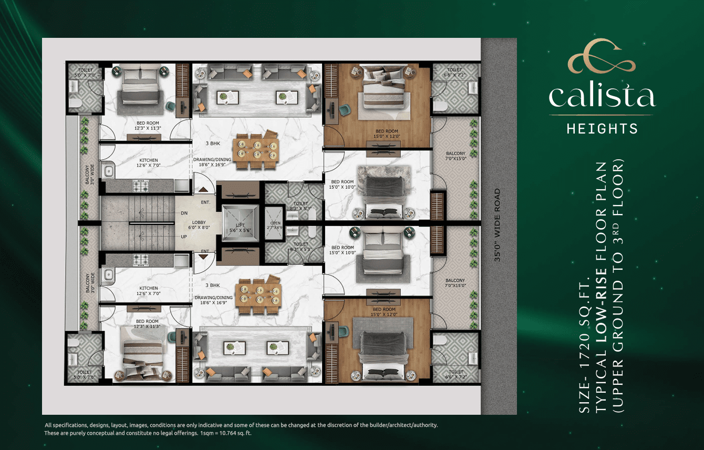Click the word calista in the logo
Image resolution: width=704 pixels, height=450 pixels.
point(602,97)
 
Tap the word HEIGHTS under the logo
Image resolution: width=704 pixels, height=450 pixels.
point(602,128)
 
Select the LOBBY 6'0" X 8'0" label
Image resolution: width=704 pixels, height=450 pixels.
point(199,226)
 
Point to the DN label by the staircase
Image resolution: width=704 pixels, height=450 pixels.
point(184,213)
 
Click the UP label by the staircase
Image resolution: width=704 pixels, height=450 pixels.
point(184,237)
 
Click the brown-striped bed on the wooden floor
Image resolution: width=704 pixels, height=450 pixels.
point(383,95)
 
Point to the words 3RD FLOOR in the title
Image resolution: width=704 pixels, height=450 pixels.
point(618,188)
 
